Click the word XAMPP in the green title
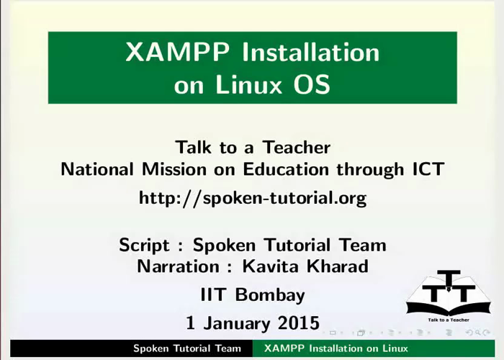coord(177,51)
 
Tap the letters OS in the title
coord(312,84)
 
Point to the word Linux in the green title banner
coord(249,84)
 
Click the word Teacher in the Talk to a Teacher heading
coord(297,147)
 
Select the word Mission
coord(174,169)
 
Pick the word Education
coord(286,169)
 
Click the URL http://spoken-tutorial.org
coord(253,198)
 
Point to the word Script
coord(144,246)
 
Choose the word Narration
coord(179,266)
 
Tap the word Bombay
coord(270,295)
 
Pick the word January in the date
coord(237,324)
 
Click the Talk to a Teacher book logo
coord(449,295)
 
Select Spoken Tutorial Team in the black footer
coord(187,348)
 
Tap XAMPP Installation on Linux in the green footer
coord(336,348)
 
